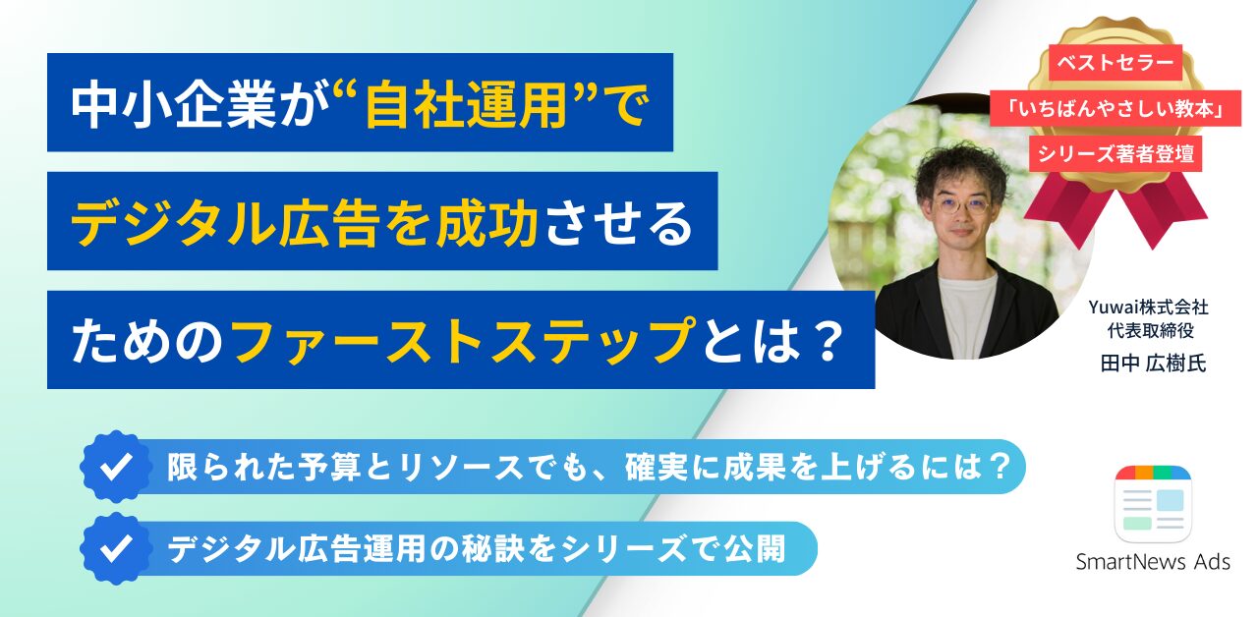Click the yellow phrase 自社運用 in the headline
[466, 104]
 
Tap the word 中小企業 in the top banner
[173, 104]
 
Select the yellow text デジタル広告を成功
[305, 223]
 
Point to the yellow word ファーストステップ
[463, 341]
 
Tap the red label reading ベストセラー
[1115, 62]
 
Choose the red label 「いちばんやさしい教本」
[1115, 108]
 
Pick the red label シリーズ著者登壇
[1115, 153]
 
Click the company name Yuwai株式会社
[1149, 308]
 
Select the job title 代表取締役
[1150, 331]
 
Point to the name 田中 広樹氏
[1153, 364]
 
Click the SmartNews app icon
[1153, 504]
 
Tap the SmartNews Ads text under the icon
[1153, 561]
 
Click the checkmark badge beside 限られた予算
[116, 467]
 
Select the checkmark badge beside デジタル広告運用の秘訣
[116, 548]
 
